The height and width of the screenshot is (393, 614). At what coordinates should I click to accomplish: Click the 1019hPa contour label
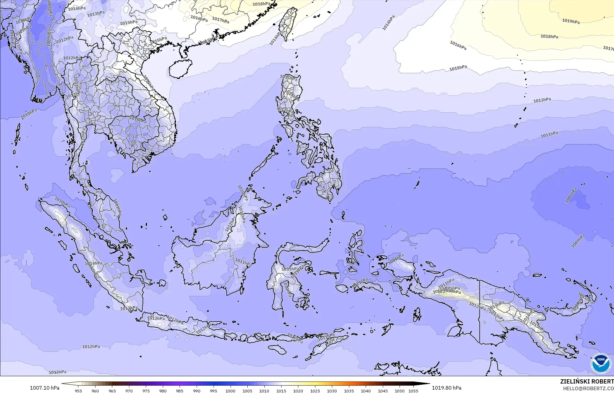(x=571, y=21)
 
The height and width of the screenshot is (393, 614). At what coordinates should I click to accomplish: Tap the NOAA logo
(x=601, y=363)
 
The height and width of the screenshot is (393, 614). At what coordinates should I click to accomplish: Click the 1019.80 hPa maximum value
(x=447, y=388)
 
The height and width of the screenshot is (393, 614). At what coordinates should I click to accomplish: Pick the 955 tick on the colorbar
(x=78, y=391)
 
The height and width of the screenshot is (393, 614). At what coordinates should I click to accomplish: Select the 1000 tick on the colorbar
(x=230, y=391)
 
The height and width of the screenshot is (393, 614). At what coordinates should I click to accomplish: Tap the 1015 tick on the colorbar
(x=281, y=391)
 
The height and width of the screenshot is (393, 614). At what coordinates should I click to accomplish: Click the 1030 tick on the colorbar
(x=332, y=391)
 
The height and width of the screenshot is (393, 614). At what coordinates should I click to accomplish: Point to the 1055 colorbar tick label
(x=413, y=391)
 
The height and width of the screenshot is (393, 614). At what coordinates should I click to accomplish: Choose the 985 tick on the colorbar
(x=180, y=391)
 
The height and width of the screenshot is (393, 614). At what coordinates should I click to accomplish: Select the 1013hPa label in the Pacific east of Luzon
(x=542, y=100)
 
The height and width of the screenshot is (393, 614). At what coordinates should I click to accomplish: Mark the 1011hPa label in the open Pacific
(x=549, y=134)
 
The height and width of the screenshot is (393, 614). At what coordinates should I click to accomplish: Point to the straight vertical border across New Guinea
(x=479, y=311)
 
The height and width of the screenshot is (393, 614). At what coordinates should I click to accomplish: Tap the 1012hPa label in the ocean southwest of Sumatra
(x=91, y=347)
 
